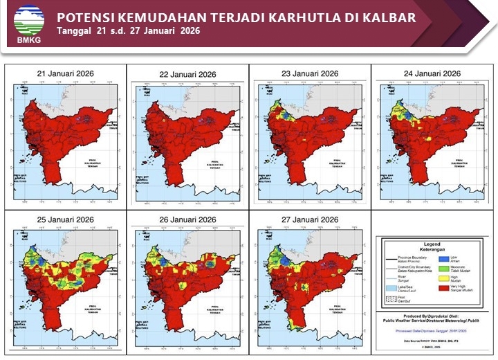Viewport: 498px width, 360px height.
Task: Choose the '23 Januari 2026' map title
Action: point(309,73)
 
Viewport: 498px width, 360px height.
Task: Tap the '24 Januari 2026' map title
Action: point(432,73)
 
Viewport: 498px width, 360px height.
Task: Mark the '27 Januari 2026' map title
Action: point(309,219)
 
